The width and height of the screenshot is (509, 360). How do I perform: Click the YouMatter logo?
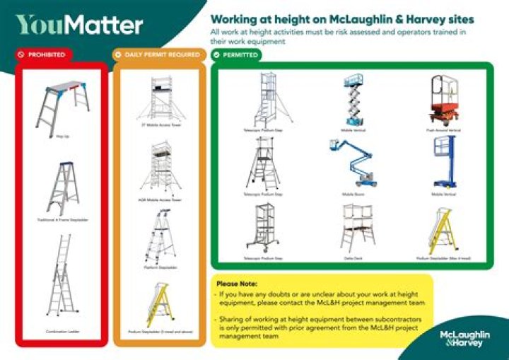[79, 25]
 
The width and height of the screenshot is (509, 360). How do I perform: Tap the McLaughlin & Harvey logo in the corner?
[461, 338]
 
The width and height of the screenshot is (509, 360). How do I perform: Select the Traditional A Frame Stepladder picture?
[63, 189]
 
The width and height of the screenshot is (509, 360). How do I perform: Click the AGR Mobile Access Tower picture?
[160, 169]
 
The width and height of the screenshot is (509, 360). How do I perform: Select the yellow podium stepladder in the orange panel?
[160, 304]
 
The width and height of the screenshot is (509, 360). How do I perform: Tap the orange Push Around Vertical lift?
[443, 100]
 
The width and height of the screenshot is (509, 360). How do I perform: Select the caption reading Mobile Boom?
[353, 192]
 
